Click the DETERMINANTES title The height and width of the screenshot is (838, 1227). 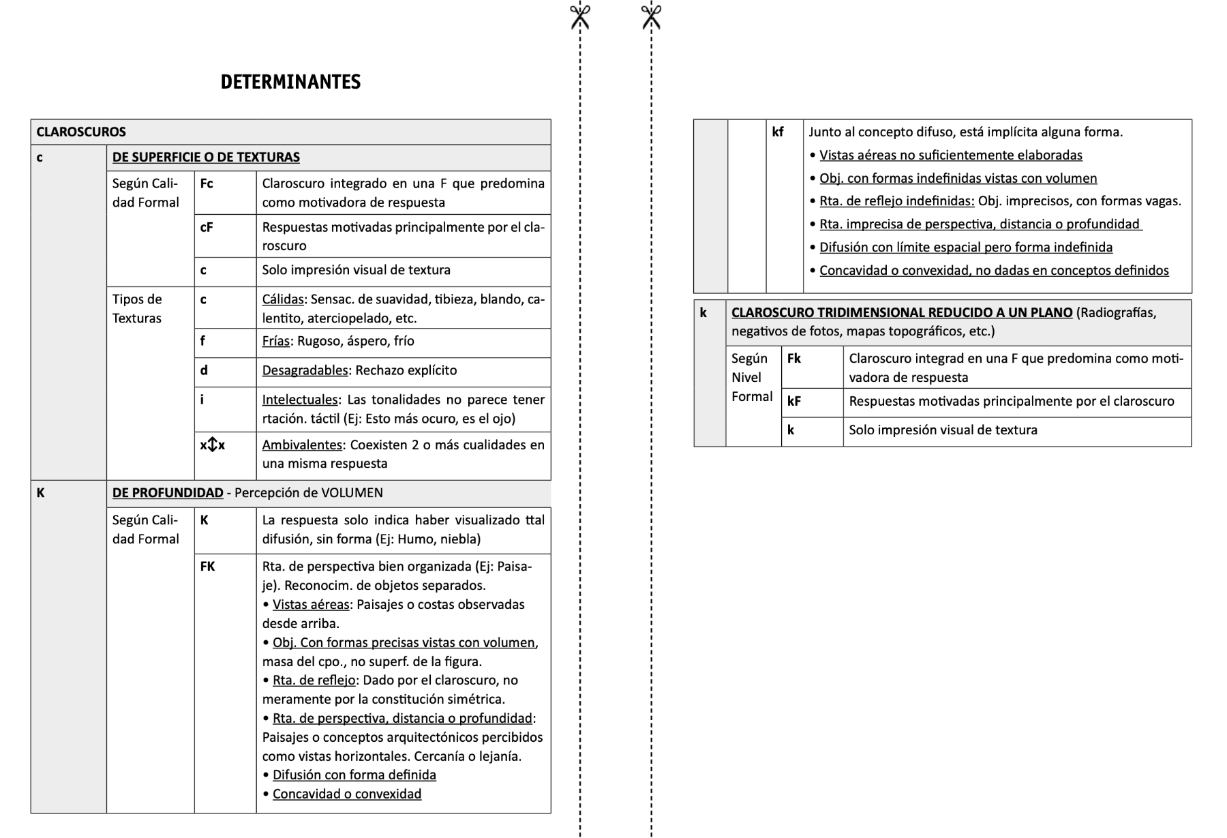(290, 82)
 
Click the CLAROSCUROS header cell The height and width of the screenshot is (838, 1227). (81, 132)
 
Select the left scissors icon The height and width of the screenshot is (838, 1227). (580, 16)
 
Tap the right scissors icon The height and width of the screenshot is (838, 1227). (651, 16)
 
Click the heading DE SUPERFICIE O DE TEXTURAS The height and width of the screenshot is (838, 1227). (206, 157)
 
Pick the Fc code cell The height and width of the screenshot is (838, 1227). (207, 183)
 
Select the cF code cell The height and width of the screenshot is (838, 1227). (207, 227)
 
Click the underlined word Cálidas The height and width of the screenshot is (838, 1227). (282, 299)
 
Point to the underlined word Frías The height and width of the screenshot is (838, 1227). (275, 341)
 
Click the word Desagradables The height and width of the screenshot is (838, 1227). (305, 370)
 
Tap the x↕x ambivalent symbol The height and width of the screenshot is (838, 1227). (213, 445)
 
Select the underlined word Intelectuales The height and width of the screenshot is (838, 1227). (300, 400)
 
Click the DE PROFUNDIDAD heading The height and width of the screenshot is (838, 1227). (168, 492)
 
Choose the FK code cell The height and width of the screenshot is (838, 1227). (207, 566)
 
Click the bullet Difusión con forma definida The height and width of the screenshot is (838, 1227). (354, 775)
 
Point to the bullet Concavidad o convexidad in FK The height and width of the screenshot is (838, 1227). (346, 794)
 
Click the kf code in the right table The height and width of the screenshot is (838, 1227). (778, 132)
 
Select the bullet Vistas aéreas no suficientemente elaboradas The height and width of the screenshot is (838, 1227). (950, 155)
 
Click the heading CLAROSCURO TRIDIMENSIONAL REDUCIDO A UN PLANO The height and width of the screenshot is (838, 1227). (901, 312)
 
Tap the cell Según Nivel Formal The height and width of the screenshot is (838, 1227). (751, 377)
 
